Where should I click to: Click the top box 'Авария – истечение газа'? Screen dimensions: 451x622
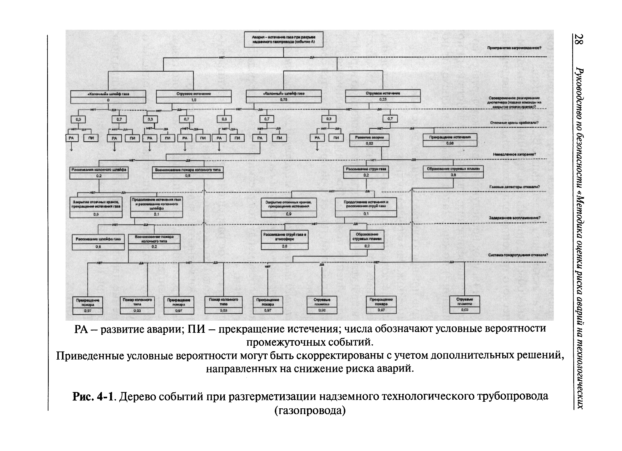tap(284, 39)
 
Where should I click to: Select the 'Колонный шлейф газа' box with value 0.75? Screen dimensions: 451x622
tap(284, 96)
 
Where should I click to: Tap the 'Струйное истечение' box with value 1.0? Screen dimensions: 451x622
tap(194, 97)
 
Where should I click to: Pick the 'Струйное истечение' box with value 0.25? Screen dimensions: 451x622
tap(383, 96)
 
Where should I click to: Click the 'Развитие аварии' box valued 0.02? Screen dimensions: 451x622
tap(369, 140)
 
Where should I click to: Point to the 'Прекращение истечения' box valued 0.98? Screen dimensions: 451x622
tap(450, 140)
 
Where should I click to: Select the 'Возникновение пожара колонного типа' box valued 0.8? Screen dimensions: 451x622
tap(187, 173)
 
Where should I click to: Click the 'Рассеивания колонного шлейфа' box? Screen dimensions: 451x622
tap(99, 173)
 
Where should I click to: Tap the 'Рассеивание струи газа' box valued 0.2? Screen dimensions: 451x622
tap(366, 172)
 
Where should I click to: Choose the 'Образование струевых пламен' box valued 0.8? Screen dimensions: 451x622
tap(453, 172)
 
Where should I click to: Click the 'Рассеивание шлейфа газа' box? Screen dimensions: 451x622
tap(98, 242)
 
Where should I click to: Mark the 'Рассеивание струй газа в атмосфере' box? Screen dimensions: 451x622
tap(285, 240)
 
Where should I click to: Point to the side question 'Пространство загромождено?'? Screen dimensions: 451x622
tap(514, 48)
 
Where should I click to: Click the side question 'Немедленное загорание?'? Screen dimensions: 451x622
tap(514, 154)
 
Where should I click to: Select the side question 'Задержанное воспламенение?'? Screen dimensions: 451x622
tap(515, 218)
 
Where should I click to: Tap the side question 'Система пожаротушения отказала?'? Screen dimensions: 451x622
tap(518, 255)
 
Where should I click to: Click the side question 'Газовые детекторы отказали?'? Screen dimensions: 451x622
tap(514, 187)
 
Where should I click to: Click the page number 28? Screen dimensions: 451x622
tap(579, 39)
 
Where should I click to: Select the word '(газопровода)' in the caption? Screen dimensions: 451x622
tap(310, 410)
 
